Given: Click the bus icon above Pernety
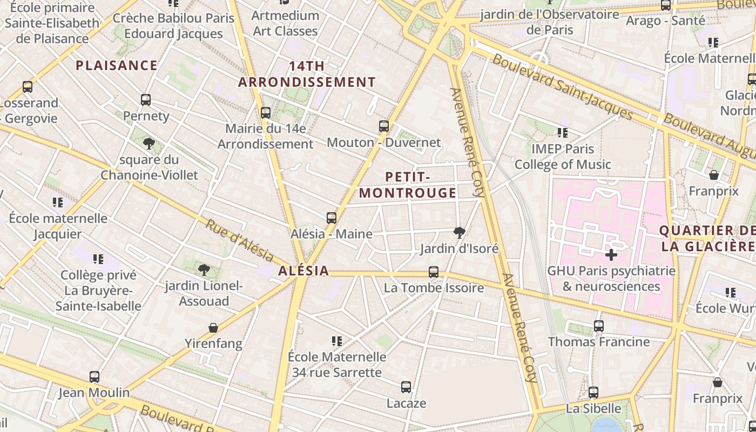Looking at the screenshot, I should click(x=146, y=100).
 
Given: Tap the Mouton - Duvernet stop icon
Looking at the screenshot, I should click(x=384, y=126).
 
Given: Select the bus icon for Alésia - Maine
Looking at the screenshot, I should click(x=332, y=218).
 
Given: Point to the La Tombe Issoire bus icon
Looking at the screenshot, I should click(x=434, y=272).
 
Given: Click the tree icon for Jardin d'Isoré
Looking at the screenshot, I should click(x=460, y=233).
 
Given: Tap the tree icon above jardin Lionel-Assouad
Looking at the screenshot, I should click(x=204, y=269).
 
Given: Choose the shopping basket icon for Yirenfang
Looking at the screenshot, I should click(x=213, y=328).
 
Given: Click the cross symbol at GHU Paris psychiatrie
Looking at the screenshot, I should click(x=611, y=254).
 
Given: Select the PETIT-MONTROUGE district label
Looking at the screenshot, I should click(x=408, y=185).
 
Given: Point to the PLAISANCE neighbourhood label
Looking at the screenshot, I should click(x=117, y=66).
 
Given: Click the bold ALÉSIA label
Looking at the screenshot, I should click(x=303, y=271).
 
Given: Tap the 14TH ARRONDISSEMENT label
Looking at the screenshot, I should click(x=307, y=75).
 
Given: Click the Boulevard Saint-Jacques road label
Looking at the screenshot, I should click(x=562, y=86).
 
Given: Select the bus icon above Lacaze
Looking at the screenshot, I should click(x=406, y=387).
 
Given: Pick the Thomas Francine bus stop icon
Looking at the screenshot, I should click(x=599, y=326).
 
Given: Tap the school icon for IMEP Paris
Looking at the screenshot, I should click(x=563, y=132).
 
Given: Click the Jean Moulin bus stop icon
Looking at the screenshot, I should click(x=94, y=376).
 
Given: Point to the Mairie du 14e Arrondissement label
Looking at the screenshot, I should click(x=265, y=137).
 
